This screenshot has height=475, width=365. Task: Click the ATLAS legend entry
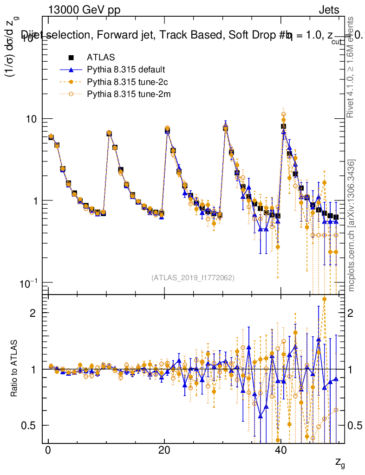pos(100,58)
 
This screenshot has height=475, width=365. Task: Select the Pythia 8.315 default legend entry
pos(125,70)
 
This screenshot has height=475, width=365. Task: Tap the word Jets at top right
pos(328,10)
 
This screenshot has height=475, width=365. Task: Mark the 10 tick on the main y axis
pos(33,119)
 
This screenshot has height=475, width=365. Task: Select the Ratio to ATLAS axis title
pos(15,369)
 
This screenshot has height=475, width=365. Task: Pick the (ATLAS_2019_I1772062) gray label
pos(193,278)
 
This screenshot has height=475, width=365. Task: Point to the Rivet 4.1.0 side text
pos(351,67)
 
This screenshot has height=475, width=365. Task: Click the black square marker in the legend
pos(71,58)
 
